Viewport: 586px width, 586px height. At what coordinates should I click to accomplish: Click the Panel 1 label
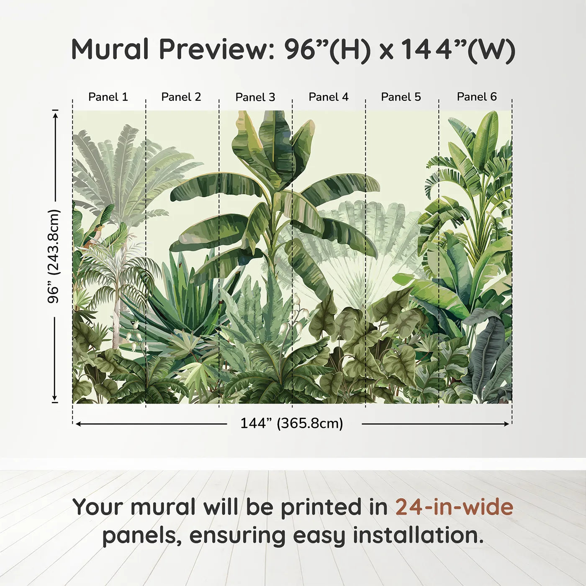[108, 97]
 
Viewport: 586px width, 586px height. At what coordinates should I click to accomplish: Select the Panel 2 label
[181, 97]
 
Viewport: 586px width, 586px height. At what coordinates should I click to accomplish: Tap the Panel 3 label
[255, 97]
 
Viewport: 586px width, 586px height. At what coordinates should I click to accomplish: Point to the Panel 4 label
[329, 97]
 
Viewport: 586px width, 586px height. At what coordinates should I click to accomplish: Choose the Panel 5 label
[401, 97]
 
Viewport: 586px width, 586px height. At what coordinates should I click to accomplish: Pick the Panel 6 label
[476, 97]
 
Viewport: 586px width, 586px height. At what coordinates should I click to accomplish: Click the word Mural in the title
[110, 49]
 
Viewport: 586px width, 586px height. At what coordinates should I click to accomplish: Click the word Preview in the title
[217, 49]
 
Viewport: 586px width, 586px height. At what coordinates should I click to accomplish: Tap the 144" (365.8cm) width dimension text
[292, 423]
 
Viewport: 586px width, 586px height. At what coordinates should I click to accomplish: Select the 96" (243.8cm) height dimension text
[54, 256]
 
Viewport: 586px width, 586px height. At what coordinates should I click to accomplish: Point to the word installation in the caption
[419, 535]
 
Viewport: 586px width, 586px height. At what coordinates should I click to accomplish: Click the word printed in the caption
[334, 508]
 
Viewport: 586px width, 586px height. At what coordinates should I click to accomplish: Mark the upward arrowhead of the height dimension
[55, 115]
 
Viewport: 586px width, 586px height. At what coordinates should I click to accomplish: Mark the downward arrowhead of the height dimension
[55, 397]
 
